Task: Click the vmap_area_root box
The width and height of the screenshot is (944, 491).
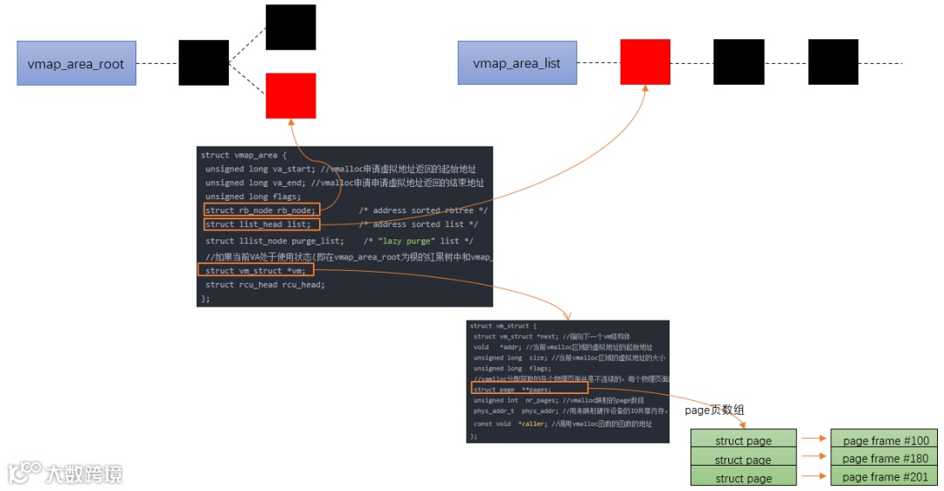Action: (x=76, y=64)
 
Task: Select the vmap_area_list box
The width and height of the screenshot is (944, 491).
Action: (x=517, y=64)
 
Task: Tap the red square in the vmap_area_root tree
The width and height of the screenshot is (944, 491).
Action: (x=291, y=96)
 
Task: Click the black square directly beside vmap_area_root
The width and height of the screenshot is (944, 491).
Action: (x=204, y=63)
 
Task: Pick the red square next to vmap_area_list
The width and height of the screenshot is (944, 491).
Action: (x=645, y=62)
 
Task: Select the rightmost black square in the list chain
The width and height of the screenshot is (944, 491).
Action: (x=833, y=62)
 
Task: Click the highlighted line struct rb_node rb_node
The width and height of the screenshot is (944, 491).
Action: (x=261, y=210)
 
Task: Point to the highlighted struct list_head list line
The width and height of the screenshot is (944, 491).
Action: (x=257, y=225)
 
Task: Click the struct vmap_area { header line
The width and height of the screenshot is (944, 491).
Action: (x=241, y=155)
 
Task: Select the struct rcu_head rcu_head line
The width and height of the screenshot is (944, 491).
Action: (x=265, y=285)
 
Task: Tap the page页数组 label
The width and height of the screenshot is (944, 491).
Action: (x=714, y=410)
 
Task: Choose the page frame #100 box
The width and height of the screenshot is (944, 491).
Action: (x=885, y=439)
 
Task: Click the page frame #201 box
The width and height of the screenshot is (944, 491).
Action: (x=885, y=477)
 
